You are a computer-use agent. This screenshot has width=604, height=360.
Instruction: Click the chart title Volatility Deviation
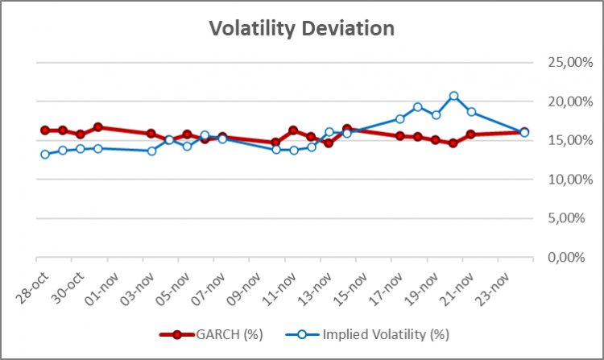302,29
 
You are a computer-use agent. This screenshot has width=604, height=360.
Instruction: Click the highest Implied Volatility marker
453,96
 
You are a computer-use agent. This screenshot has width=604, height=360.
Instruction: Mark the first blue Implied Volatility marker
45,154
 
